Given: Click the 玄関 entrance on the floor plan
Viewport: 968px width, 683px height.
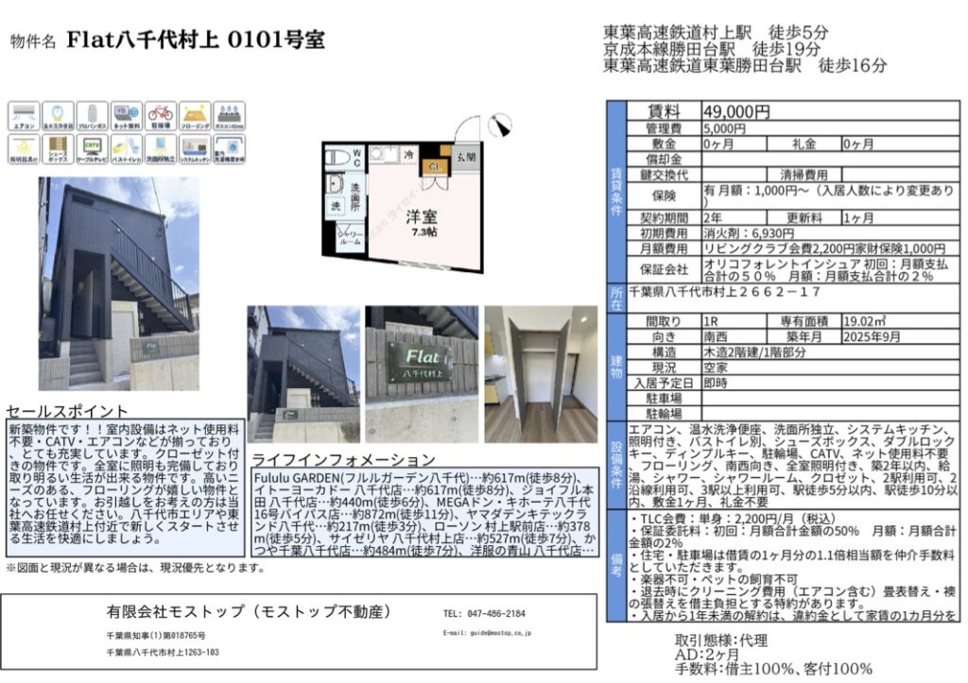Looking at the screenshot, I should pyautogui.click(x=465, y=157).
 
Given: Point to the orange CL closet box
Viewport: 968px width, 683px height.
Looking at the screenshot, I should pyautogui.click(x=434, y=168).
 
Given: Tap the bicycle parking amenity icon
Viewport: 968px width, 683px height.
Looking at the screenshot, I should pyautogui.click(x=162, y=115).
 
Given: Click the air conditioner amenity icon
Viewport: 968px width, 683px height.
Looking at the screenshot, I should pyautogui.click(x=23, y=115).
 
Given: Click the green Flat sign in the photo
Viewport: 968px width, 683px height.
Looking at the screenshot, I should pyautogui.click(x=419, y=359).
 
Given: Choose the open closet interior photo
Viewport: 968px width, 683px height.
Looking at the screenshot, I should pyautogui.click(x=541, y=373).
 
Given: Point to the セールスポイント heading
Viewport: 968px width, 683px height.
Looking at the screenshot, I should pyautogui.click(x=67, y=412).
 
